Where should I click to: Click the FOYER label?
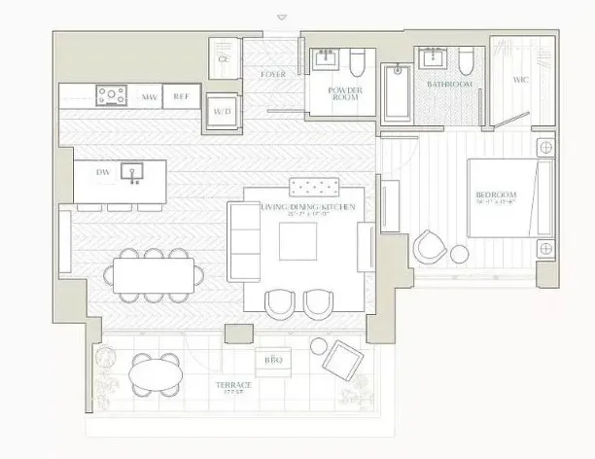point(273,75)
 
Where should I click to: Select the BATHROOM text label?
point(450,85)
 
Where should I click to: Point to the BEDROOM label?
point(496,196)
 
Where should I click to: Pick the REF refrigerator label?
point(182,96)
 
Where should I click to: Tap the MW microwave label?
point(150,96)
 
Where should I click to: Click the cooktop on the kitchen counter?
point(112,95)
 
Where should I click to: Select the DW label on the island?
point(102,172)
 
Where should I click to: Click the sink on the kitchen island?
point(132,172)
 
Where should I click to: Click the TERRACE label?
point(234,386)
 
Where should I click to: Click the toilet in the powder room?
point(356,64)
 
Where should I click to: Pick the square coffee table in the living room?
point(297,242)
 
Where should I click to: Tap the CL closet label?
point(224,59)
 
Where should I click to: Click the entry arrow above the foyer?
point(282,17)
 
